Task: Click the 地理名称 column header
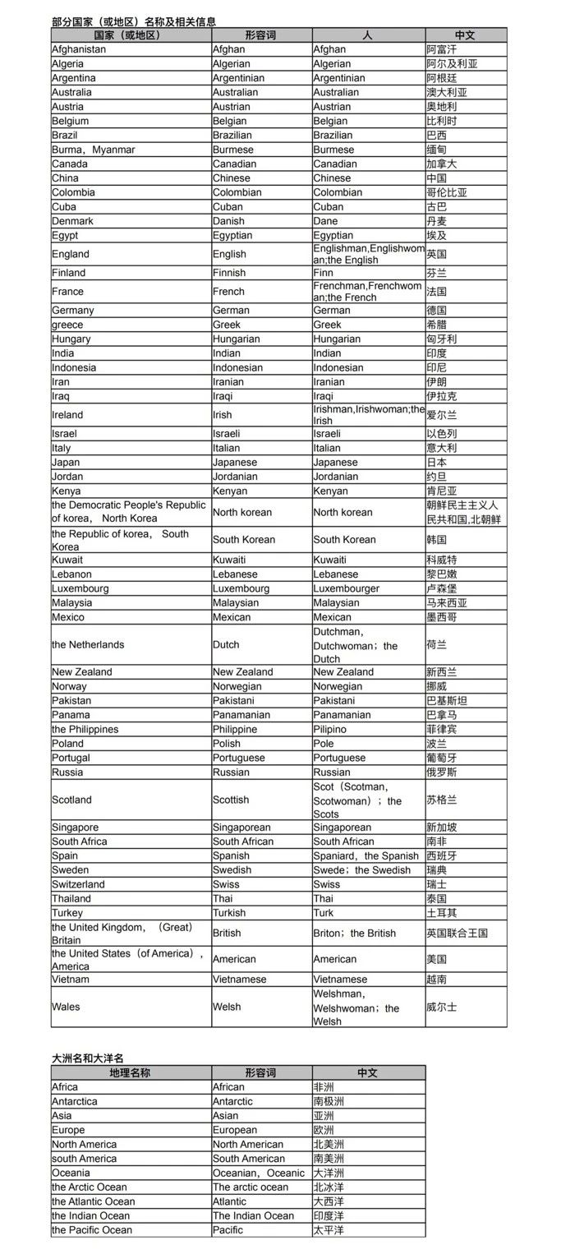(130, 1072)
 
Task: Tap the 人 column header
(368, 35)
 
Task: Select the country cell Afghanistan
(79, 49)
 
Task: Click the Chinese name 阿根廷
(442, 78)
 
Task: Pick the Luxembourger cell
(346, 588)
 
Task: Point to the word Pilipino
(329, 729)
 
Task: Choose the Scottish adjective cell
(231, 800)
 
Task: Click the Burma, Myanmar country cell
(93, 150)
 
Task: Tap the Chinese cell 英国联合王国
(458, 933)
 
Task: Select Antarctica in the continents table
(75, 1101)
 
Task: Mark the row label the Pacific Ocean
(91, 1229)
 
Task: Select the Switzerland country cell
(79, 884)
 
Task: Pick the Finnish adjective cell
(229, 272)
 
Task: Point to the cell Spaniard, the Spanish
(366, 855)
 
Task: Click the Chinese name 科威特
(442, 560)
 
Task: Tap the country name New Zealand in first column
(82, 671)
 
